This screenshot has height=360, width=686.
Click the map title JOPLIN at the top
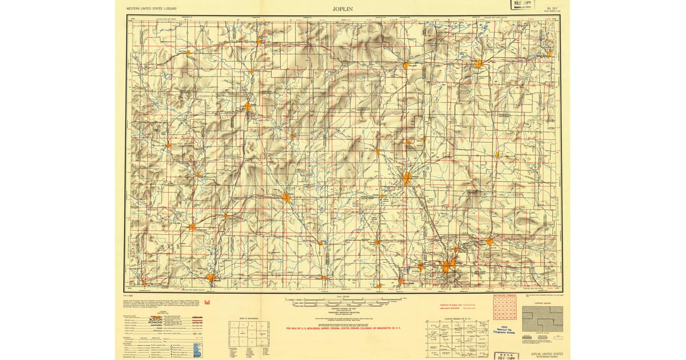pos(342,9)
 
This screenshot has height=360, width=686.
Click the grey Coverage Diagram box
pos(542,319)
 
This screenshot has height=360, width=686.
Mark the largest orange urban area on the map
pos(448,265)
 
